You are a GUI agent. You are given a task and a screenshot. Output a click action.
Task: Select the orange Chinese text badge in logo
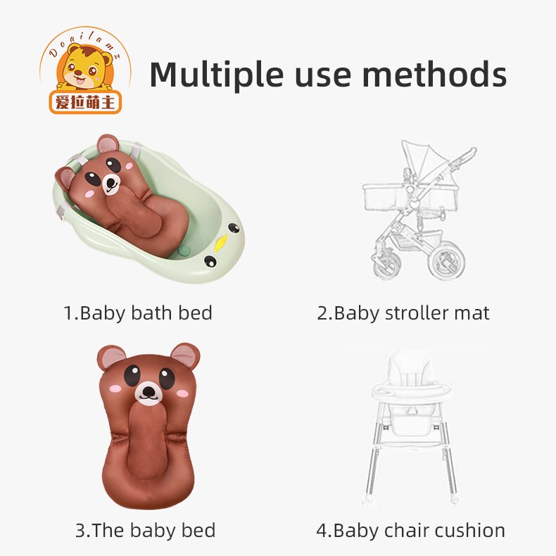[x=85, y=102]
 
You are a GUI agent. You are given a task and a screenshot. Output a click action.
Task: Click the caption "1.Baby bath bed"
[x=138, y=312]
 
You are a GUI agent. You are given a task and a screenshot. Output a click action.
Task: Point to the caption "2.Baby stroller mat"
[x=403, y=312]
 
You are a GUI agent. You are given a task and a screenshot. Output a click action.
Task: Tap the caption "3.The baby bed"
[x=145, y=530]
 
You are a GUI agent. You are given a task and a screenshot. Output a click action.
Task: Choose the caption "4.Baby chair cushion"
[x=410, y=530]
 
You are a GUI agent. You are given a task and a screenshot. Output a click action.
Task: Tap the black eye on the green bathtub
[x=211, y=262]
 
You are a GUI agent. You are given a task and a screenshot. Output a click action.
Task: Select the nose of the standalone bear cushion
[x=149, y=392]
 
